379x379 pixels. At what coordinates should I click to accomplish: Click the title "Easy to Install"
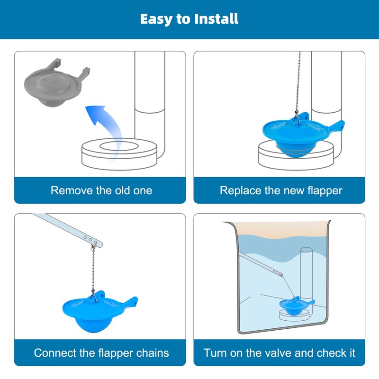tap(189, 19)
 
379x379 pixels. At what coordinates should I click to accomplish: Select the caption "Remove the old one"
tap(101, 190)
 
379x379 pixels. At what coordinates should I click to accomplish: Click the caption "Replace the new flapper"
tap(281, 190)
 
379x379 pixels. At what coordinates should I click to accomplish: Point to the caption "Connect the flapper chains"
tap(101, 353)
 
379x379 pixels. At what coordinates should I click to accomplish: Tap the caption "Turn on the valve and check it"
tap(280, 353)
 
